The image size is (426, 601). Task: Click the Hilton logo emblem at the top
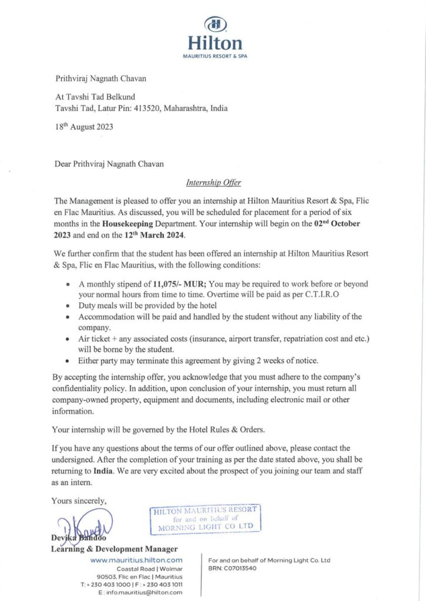214,24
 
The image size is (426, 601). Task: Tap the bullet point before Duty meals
70,306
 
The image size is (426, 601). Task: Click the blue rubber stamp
205,518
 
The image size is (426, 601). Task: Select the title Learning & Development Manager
115,549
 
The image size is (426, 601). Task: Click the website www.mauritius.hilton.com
136,560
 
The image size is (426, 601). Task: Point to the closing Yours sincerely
79,501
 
